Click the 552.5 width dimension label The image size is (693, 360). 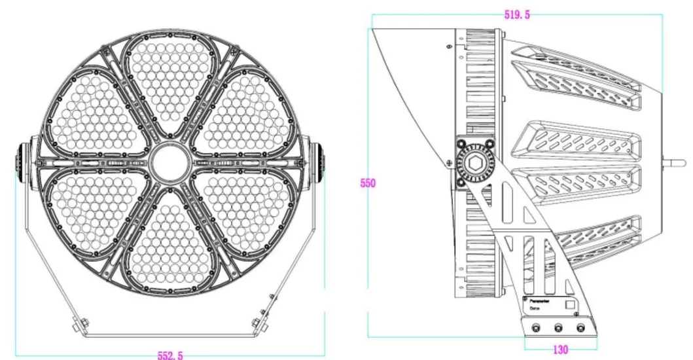point(170,354)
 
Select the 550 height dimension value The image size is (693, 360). point(368,183)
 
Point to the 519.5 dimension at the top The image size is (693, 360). point(517,14)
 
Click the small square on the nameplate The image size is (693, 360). point(570,304)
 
